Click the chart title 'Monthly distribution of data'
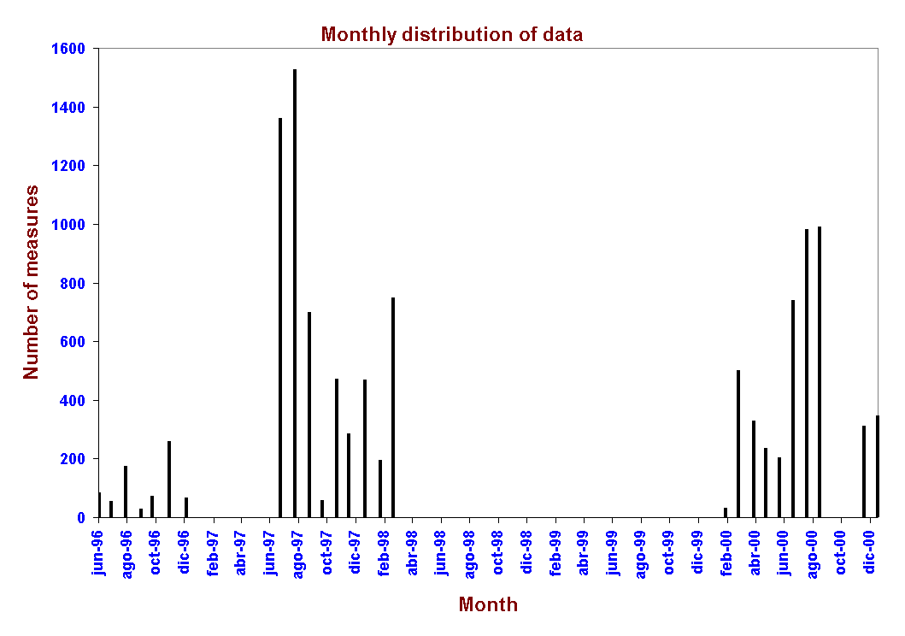tap(452, 35)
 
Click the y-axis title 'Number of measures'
tap(32, 282)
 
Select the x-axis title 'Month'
tap(488, 605)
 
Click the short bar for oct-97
tap(322, 509)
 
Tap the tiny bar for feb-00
tap(726, 513)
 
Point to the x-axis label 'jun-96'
tap(98, 553)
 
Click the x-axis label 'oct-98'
tap(497, 553)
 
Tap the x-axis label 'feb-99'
tap(555, 553)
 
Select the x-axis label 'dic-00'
tap(869, 553)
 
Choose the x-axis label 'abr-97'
tap(241, 553)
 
